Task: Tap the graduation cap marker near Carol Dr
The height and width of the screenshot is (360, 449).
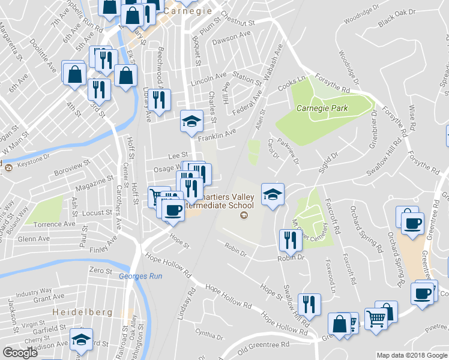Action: click(273, 194)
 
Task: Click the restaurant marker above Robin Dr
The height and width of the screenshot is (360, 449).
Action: click(290, 241)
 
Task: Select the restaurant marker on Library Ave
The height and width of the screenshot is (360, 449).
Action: click(159, 100)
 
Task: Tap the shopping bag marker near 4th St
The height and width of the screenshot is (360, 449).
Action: click(74, 74)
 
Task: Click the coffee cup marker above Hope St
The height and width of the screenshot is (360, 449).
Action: click(173, 210)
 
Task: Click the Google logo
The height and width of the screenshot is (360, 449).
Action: click(20, 353)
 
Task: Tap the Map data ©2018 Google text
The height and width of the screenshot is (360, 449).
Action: click(411, 355)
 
